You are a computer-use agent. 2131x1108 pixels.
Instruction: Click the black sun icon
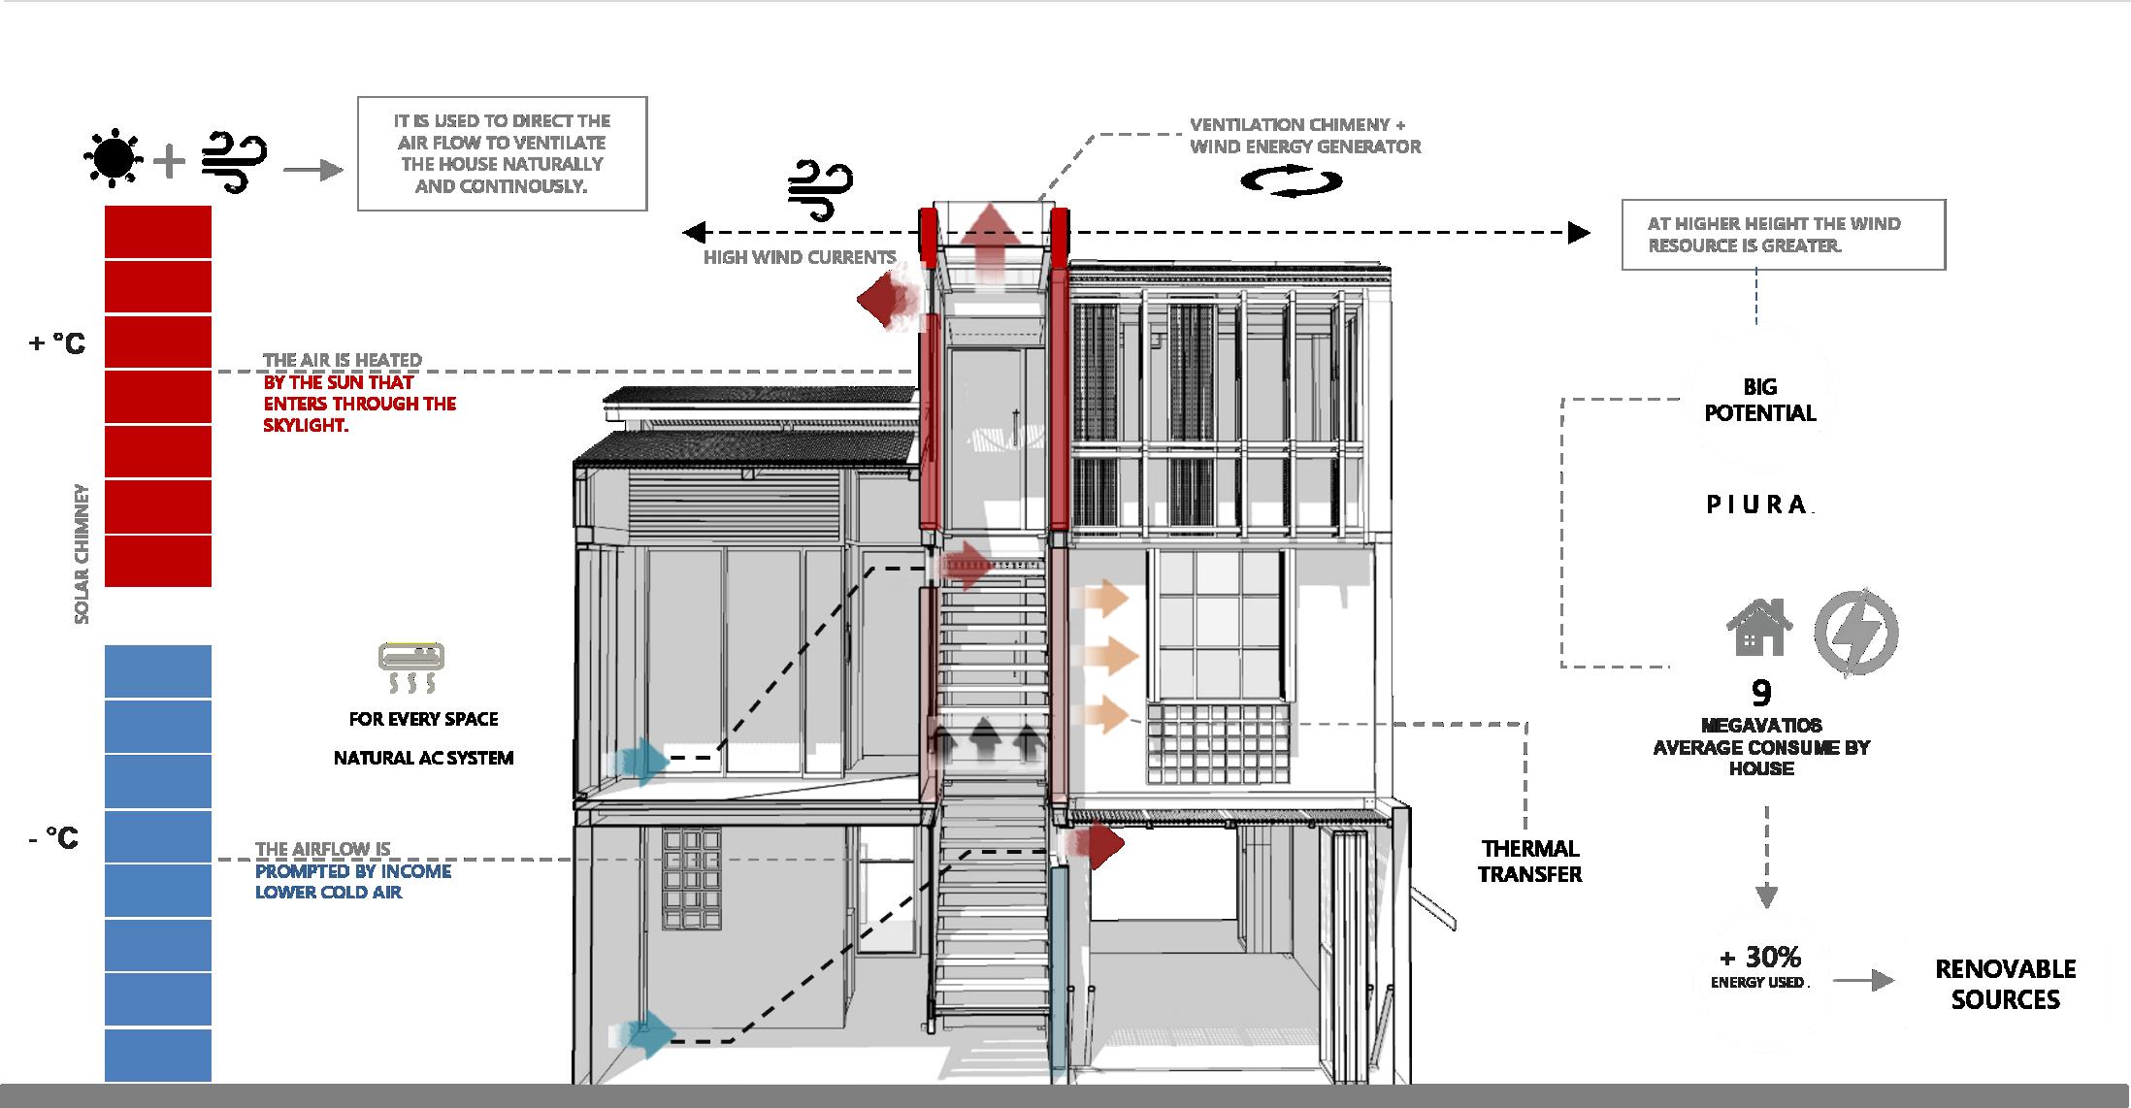(x=115, y=157)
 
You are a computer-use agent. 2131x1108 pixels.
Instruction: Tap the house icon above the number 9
(x=1757, y=628)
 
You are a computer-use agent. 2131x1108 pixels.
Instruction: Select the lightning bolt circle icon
(x=1855, y=632)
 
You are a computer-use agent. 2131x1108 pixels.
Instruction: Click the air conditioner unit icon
(x=411, y=657)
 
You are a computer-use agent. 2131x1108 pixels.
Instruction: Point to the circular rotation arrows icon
(x=1292, y=181)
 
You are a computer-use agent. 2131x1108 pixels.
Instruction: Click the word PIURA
(x=1757, y=505)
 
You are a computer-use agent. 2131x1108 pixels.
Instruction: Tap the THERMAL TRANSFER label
(x=1529, y=862)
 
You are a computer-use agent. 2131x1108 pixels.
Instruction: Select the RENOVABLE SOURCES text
(x=2005, y=984)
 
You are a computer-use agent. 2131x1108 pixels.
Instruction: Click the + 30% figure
(x=1759, y=958)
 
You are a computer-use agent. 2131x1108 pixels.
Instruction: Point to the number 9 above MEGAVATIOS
(x=1761, y=693)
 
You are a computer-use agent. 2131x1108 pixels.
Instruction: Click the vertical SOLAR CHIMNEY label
(x=82, y=554)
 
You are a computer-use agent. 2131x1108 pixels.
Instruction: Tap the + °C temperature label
(x=57, y=343)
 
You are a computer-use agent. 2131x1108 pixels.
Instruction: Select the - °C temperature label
(x=54, y=837)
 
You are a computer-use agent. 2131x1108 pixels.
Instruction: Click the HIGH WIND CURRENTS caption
(x=799, y=257)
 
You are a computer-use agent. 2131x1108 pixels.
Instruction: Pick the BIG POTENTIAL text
(x=1759, y=400)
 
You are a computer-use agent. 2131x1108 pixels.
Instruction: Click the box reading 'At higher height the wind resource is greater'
(x=1783, y=235)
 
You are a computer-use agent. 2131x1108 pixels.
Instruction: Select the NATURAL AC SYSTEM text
(x=423, y=758)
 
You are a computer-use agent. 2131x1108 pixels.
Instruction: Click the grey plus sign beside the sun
(x=169, y=161)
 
